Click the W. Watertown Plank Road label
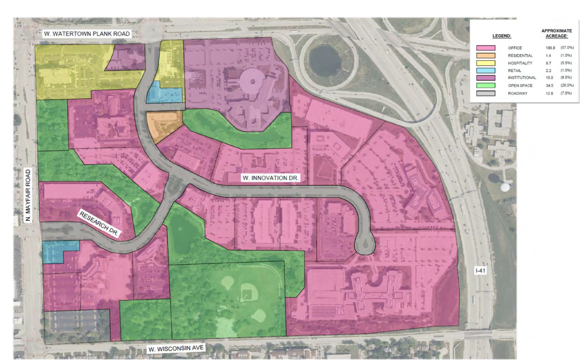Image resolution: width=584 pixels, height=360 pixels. click(86, 34)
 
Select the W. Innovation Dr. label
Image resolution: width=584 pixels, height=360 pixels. click(270, 178)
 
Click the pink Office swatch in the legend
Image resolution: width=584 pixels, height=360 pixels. click(486, 48)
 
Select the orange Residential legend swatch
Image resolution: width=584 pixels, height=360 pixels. click(486, 55)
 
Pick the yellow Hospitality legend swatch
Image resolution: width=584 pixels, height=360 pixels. click(486, 63)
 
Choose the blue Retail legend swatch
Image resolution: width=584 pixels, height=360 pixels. click(486, 71)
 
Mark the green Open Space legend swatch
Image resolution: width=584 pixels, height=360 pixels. click(486, 85)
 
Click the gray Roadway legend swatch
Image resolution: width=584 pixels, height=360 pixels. click(486, 93)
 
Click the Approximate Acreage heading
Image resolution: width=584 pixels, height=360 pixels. click(556, 33)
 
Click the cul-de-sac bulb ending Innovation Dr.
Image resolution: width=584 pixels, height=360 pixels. click(365, 245)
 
